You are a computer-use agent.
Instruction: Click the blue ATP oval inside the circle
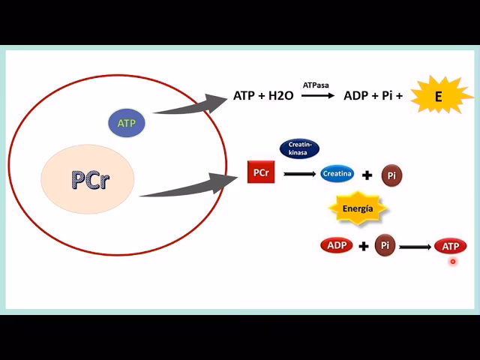tap(127, 123)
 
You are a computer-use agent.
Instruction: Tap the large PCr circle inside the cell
tap(88, 179)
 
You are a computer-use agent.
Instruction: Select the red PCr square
tap(261, 172)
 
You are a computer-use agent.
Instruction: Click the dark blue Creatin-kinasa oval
tap(299, 148)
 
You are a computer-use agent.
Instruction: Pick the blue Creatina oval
tap(337, 174)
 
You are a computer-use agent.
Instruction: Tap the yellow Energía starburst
tap(358, 209)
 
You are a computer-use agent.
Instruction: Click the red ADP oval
tap(337, 245)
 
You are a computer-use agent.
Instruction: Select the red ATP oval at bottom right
tap(451, 246)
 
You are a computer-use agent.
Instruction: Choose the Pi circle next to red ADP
tap(385, 245)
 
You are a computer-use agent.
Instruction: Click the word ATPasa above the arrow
tap(316, 86)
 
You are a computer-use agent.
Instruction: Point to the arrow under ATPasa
tap(316, 97)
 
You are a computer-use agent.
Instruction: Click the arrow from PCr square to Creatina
tap(298, 174)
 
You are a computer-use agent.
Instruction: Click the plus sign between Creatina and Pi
tap(367, 175)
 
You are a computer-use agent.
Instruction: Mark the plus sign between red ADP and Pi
tap(363, 246)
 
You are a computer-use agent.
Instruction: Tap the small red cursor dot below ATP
tap(453, 262)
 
